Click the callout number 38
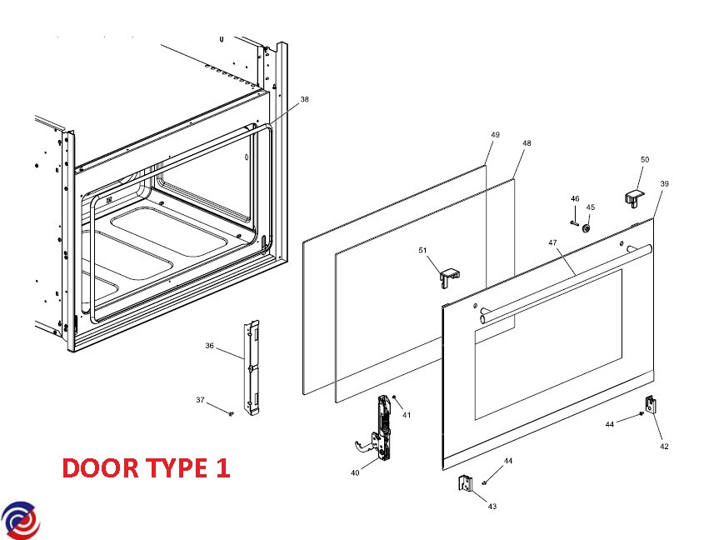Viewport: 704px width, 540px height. point(304,99)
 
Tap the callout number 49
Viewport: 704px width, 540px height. point(495,135)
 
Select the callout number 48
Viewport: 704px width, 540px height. point(527,143)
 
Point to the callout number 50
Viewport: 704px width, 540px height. point(644,159)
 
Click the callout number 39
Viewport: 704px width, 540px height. point(664,183)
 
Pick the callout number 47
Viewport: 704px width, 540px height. point(552,242)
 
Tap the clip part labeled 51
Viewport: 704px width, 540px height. point(449,274)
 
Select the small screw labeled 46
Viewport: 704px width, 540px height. point(575,222)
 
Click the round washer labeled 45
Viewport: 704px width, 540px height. point(588,227)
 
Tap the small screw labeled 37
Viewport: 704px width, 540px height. point(229,411)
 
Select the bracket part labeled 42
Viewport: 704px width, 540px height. point(651,406)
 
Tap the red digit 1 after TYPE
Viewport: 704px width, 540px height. point(222,468)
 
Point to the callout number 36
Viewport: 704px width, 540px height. point(210,346)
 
